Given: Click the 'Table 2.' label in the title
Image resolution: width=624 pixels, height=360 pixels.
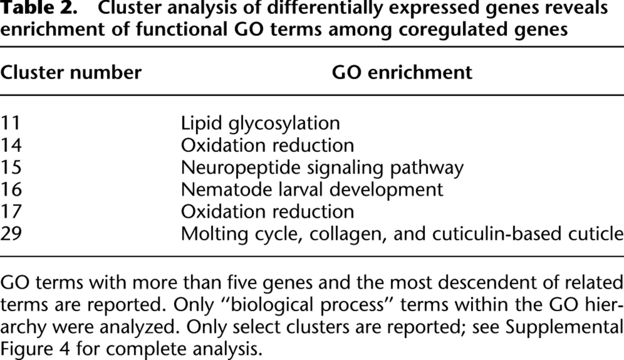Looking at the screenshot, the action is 38,8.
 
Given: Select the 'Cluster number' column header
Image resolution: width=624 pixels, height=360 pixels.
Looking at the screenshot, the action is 71,73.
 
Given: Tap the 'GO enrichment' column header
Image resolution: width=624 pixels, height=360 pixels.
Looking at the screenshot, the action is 402,73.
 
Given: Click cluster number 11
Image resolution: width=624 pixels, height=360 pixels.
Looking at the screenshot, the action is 10,123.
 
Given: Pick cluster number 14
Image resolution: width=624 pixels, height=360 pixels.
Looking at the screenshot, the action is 11,145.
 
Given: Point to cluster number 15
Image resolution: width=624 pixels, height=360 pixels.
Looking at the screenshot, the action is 11,167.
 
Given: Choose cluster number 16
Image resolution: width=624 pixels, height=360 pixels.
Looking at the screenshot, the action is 11,190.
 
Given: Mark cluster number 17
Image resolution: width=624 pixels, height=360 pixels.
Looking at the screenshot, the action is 11,212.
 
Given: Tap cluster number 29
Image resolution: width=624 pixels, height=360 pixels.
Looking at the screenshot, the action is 11,234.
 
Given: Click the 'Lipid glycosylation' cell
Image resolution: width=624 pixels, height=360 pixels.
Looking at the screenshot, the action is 260,124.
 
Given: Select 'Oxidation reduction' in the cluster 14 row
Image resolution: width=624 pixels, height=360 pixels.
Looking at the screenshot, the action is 268,145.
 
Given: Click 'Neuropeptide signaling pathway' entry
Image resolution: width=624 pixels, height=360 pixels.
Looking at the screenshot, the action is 322,168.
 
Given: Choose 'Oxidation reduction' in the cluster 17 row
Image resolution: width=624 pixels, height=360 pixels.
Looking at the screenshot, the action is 268,212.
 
